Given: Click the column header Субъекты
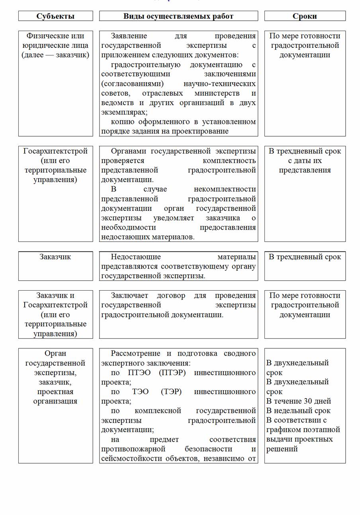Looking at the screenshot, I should click(x=55, y=16).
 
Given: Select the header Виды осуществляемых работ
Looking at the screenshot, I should click(x=178, y=16).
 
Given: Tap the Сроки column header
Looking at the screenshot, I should click(x=305, y=16).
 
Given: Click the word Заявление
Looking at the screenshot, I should click(x=129, y=36).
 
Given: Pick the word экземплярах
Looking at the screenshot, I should click(x=124, y=112).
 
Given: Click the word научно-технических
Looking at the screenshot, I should click(x=219, y=84).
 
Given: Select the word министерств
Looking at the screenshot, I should click(x=217, y=93).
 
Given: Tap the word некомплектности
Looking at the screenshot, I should click(x=225, y=189).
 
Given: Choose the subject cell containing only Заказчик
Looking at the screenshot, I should click(x=55, y=257).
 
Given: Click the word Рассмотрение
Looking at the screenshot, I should click(x=134, y=354).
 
